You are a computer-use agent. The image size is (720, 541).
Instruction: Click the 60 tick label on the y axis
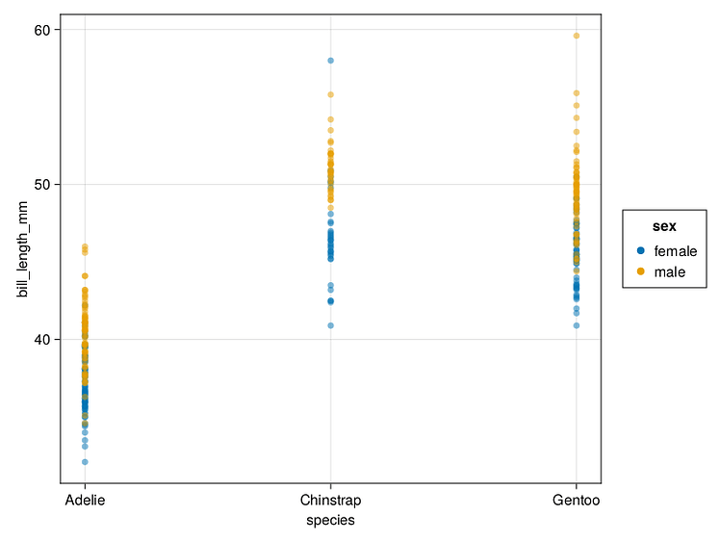pos(43,30)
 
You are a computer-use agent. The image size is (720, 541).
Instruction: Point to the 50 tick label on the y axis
pos(43,184)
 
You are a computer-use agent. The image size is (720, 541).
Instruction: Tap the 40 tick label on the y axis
pos(43,339)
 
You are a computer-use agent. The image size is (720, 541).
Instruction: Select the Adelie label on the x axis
pos(85,501)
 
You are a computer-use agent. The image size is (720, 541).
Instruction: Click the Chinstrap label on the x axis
pos(330,501)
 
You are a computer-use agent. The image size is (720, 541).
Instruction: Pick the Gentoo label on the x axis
pos(576,501)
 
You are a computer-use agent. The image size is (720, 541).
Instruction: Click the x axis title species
pos(330,521)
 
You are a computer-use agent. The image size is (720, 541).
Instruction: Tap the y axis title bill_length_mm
pos(23,249)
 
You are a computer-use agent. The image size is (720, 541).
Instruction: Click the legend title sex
pos(664,227)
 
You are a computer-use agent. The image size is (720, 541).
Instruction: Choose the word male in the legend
pos(670,272)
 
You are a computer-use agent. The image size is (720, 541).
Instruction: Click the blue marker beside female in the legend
pos(641,250)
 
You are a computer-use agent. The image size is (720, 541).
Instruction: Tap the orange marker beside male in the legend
pos(641,272)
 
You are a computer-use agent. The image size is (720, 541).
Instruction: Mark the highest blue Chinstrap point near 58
pos(330,61)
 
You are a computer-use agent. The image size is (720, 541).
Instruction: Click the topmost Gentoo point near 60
pos(577,36)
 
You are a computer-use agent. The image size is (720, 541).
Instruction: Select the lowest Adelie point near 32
pos(85,462)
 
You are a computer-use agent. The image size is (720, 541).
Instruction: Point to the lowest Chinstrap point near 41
pos(330,325)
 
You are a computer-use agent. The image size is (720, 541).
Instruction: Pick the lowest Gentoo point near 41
pos(577,325)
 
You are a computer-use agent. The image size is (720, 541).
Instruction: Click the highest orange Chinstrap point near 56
pos(330,94)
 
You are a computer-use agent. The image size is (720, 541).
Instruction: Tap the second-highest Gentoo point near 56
pos(577,93)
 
